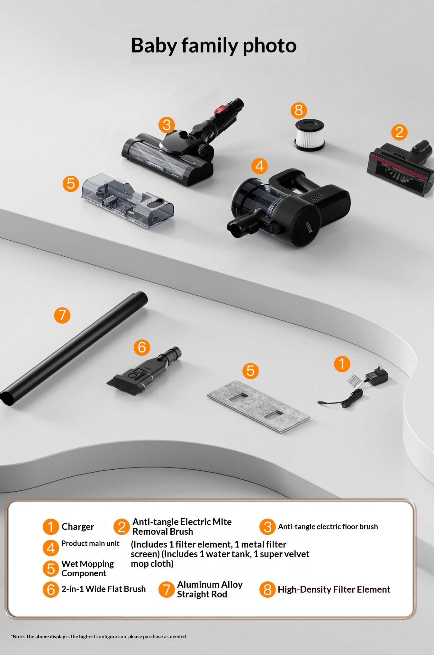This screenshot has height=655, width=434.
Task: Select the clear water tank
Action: pos(128,200)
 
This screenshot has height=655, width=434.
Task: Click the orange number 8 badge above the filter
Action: pos(299,110)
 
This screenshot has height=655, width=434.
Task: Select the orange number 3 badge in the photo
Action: pos(167,125)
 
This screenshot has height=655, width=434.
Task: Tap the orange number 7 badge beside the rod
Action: pos(62,315)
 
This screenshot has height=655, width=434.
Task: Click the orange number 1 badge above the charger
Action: pos(342,364)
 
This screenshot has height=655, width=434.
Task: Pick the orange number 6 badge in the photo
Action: pos(142,347)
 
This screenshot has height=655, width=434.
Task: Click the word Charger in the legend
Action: pos(78,527)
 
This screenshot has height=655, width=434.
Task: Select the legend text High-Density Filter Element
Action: pos(334,589)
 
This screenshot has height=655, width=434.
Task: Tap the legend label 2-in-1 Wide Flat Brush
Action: pos(104,589)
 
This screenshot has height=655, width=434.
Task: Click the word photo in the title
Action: pos(269,46)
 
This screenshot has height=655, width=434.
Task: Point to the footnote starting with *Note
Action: pos(98,636)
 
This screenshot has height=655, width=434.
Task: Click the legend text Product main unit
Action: pos(90,543)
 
